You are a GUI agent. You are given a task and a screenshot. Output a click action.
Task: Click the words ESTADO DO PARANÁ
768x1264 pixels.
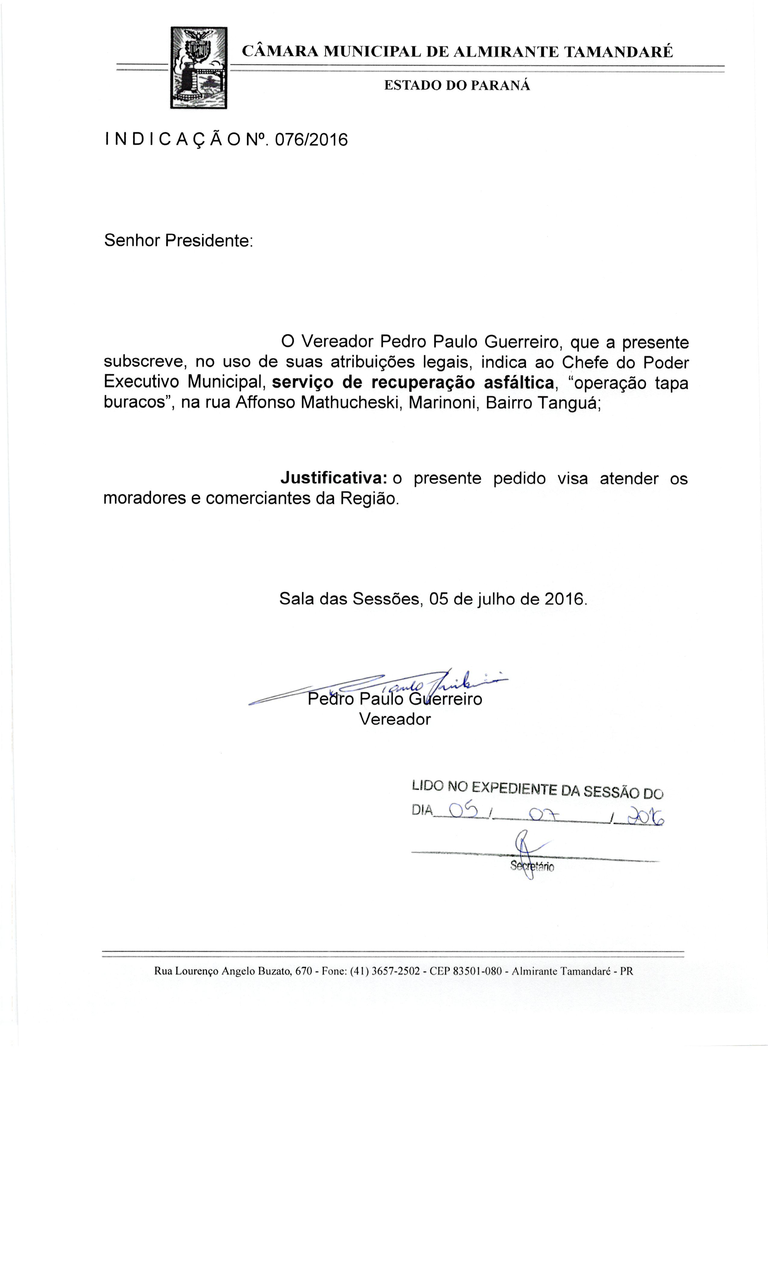457,86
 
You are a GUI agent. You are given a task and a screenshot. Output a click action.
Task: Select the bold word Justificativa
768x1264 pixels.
334,478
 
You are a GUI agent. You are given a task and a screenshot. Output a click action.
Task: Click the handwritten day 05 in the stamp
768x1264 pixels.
463,810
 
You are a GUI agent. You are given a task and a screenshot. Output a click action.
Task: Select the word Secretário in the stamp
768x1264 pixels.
532,867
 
